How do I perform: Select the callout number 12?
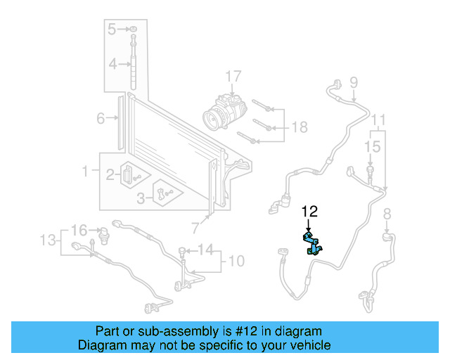[309, 211]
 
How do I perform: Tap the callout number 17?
[233, 76]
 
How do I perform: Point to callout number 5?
[112, 29]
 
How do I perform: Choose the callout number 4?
[112, 65]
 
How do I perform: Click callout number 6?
[101, 118]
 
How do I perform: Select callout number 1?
[86, 171]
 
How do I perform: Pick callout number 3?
[141, 199]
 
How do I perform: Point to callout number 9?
[354, 81]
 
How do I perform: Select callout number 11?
[379, 118]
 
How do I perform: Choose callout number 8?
[387, 214]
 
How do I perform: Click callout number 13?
[47, 240]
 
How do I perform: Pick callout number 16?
[79, 230]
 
